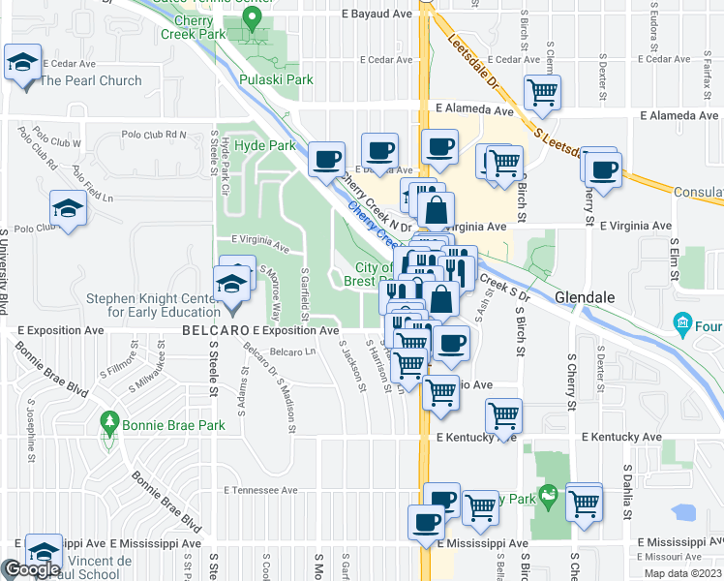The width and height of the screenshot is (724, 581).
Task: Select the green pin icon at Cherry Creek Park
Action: click(256, 24)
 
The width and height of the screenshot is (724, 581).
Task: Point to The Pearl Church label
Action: click(90, 80)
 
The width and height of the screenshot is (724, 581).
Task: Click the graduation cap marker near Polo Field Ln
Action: click(68, 209)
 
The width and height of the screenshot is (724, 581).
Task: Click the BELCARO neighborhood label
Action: click(215, 331)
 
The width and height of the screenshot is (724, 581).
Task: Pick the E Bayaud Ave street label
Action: click(377, 15)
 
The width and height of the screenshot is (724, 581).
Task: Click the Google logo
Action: click(31, 570)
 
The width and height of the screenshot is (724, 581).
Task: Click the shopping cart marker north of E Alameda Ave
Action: click(542, 93)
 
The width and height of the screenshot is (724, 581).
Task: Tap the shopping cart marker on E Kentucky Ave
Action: click(503, 416)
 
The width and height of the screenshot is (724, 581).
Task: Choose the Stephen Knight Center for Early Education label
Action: click(153, 305)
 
